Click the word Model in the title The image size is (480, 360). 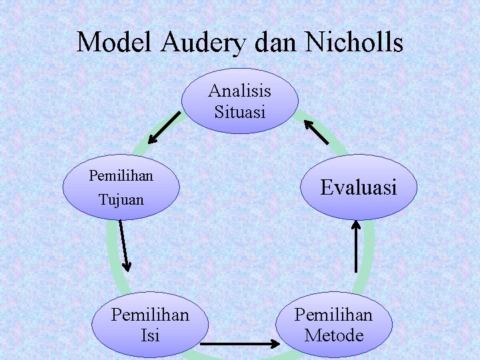[x=115, y=43]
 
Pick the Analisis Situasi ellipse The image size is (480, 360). [x=240, y=101]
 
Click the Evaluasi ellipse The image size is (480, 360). [x=359, y=187]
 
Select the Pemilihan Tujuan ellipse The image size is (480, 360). [x=121, y=187]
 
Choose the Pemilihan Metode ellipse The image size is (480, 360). [x=333, y=324]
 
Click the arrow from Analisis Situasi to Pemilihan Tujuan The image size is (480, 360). [x=164, y=127]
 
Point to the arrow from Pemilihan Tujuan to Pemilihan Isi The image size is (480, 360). [x=125, y=245]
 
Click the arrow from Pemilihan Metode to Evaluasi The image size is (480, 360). [x=356, y=246]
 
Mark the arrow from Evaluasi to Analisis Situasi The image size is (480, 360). [x=316, y=131]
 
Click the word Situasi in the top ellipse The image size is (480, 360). [x=240, y=111]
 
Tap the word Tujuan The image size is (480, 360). [x=121, y=199]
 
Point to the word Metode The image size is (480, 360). [x=333, y=335]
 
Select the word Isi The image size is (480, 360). [x=150, y=335]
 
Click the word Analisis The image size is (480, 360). [x=240, y=90]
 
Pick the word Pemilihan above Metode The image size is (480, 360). [x=333, y=314]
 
